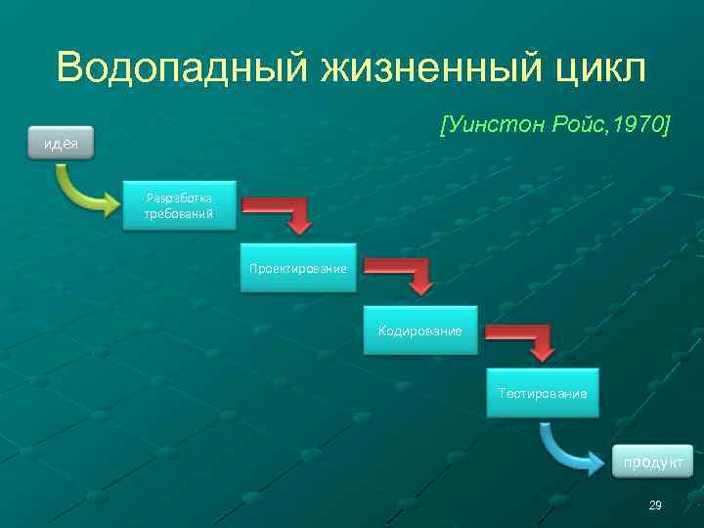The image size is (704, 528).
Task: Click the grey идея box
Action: coord(61,144)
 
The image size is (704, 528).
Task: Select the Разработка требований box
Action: coord(180,204)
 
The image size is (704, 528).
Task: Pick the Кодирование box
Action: coord(420,330)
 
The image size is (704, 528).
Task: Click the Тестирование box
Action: coord(543,393)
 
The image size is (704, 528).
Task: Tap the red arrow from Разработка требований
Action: coord(284,213)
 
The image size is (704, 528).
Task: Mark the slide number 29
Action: coord(655,505)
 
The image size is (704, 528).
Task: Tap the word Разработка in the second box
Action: coord(180,196)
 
